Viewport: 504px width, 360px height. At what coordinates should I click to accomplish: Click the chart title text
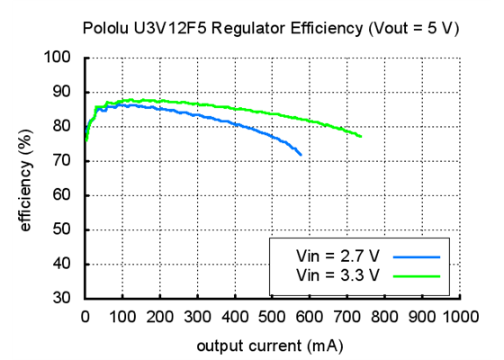270,28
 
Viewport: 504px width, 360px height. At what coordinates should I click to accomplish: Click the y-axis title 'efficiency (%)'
26,178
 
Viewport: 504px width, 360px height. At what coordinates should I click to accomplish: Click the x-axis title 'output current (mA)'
271,345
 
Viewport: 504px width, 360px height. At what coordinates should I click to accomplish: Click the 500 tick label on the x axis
273,317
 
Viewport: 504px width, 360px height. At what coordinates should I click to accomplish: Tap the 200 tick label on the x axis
160,317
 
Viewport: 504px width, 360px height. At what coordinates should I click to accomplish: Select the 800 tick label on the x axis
385,317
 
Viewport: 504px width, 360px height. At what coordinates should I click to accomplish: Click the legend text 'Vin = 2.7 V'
333,256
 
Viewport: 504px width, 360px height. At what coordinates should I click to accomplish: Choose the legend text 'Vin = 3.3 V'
333,274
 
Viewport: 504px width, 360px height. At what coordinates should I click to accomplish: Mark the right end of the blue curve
301,156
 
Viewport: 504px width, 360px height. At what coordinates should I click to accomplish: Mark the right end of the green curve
361,137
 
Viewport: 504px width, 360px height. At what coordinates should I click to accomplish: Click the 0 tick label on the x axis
85,317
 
